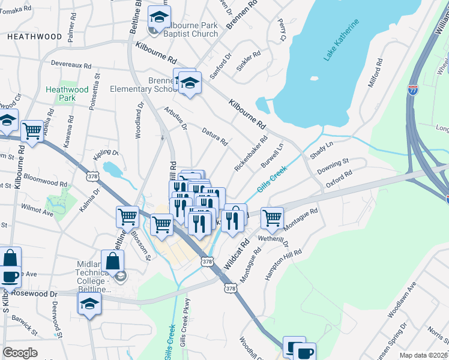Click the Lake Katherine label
click(x=342, y=40)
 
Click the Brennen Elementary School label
click(x=143, y=85)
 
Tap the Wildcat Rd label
click(x=237, y=256)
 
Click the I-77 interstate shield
click(x=412, y=91)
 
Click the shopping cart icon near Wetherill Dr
click(x=273, y=218)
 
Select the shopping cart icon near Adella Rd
click(x=32, y=131)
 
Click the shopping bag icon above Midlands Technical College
click(x=112, y=260)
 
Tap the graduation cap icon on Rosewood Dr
click(x=89, y=302)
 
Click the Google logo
click(x=20, y=353)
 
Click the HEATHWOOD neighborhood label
click(x=35, y=37)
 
